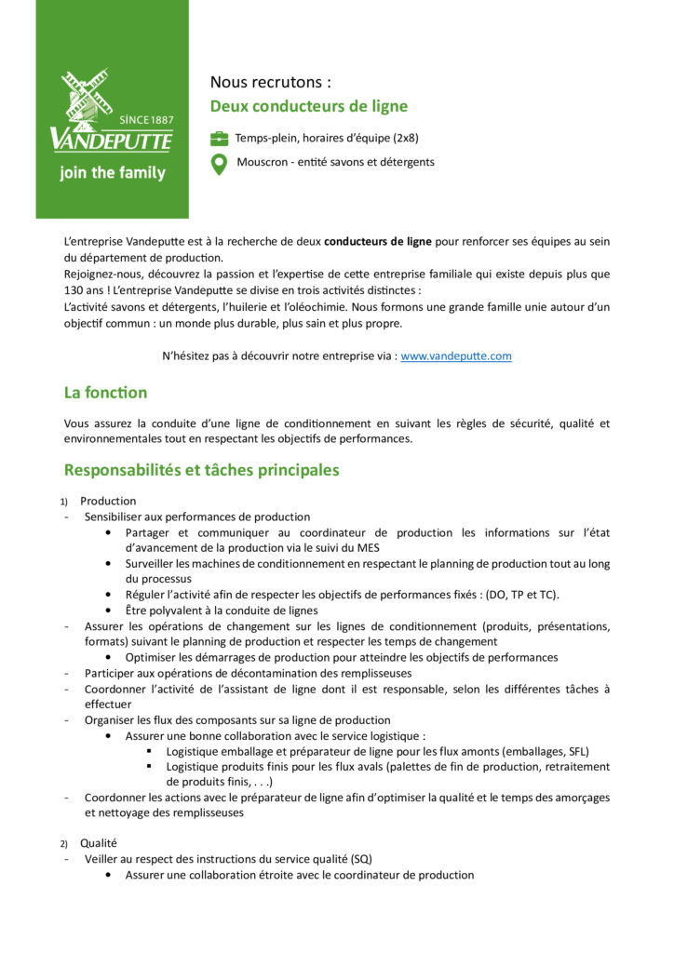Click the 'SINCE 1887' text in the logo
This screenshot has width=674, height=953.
point(147,120)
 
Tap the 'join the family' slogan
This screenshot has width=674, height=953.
point(112,173)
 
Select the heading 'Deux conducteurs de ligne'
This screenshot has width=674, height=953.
point(308,106)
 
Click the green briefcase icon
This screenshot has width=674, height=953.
point(219,139)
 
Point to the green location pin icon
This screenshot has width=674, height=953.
point(219,165)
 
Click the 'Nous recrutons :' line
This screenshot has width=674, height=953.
point(270,83)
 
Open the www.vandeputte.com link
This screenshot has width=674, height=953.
point(455,356)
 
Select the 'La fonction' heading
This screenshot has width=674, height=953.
point(105,393)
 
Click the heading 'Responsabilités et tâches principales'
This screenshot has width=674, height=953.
point(201,470)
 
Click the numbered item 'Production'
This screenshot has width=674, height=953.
point(108,501)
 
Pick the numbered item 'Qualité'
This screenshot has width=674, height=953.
point(98,842)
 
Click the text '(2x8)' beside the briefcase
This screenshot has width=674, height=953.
point(403,138)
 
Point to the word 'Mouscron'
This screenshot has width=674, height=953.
point(263,162)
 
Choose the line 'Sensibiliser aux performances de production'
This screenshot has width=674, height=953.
point(197,517)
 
